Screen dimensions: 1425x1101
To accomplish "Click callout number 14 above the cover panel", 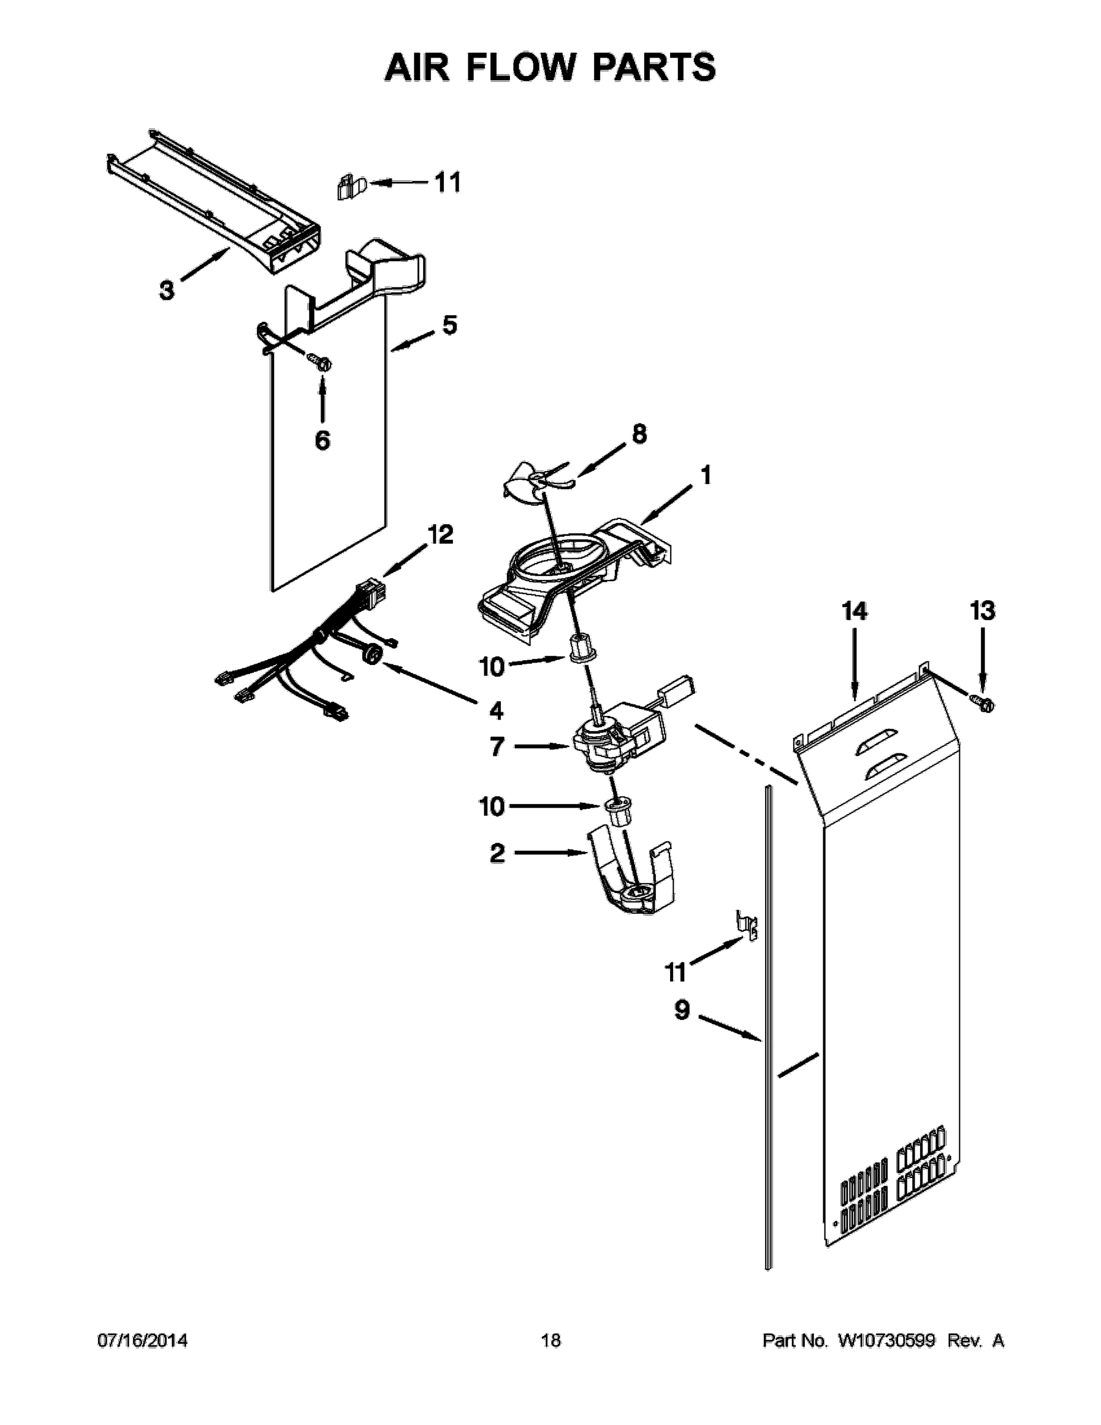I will pos(854,612).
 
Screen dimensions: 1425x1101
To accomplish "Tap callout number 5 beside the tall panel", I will pos(449,325).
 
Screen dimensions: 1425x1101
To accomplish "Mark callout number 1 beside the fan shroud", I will pos(706,476).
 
